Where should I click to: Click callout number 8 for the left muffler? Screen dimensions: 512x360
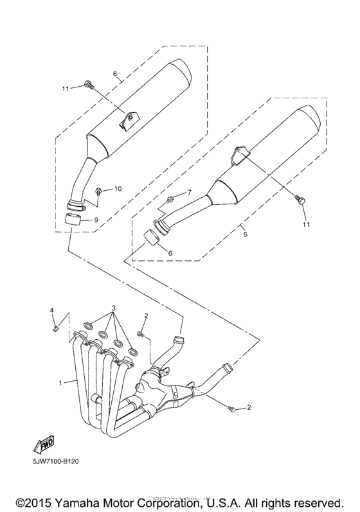(115, 75)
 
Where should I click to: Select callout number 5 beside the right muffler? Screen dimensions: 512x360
(244, 235)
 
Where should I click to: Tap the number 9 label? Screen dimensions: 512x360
(96, 220)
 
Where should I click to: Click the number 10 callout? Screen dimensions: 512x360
(118, 189)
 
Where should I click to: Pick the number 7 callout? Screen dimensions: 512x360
(189, 192)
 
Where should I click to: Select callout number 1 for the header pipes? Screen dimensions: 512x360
(60, 382)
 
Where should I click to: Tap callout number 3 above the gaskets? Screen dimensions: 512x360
(114, 308)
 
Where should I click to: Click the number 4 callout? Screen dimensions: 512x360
(53, 311)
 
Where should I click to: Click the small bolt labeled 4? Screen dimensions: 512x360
(56, 330)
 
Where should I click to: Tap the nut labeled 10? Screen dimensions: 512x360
(99, 191)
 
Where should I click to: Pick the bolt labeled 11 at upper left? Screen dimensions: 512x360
(89, 84)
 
